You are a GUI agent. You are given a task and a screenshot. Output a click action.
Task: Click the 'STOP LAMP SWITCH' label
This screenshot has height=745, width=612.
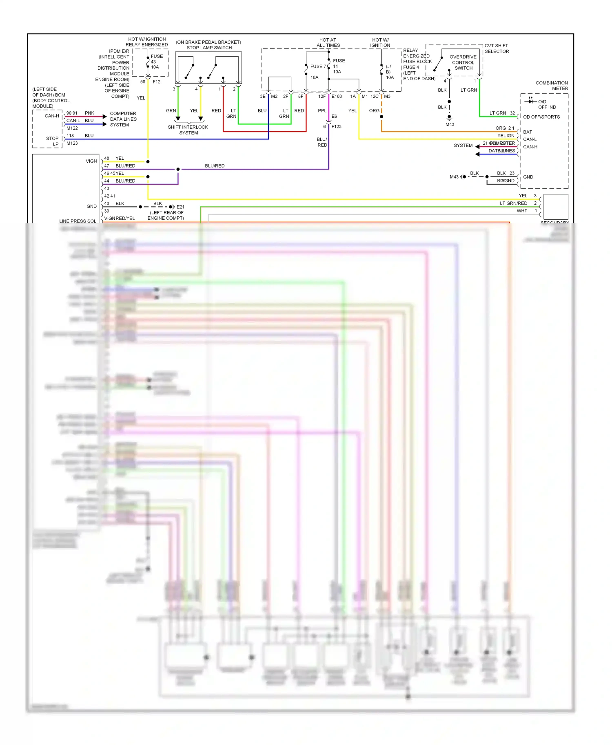(209, 48)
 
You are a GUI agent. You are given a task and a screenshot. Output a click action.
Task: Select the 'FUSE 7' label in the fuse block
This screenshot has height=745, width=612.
(318, 66)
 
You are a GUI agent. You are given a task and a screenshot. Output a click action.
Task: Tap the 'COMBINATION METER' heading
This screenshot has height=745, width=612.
(552, 86)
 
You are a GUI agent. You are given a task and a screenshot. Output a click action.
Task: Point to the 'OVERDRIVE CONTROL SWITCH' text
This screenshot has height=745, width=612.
(463, 62)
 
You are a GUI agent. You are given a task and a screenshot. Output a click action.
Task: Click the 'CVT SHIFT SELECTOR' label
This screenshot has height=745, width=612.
(497, 48)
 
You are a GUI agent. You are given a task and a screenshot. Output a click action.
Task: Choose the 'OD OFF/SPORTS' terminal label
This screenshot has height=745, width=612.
(541, 117)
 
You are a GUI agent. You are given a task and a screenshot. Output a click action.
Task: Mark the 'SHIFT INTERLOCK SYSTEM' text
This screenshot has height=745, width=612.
(188, 130)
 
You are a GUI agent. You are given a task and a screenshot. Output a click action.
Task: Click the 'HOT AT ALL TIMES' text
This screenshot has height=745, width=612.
(328, 43)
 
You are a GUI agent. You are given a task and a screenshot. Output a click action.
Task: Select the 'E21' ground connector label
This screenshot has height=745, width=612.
(180, 207)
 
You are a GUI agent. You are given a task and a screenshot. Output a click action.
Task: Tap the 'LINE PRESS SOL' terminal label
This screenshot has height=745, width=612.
(78, 221)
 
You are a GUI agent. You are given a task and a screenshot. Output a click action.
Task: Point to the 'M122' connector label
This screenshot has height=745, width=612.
(72, 128)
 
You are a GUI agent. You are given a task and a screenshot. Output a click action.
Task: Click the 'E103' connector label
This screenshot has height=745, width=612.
(337, 97)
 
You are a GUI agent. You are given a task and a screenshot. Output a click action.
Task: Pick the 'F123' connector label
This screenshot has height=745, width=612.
(336, 127)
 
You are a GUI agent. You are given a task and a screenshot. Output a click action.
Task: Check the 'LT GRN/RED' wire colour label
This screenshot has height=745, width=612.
(513, 203)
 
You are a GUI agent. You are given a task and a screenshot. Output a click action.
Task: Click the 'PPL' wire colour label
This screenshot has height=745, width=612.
(322, 111)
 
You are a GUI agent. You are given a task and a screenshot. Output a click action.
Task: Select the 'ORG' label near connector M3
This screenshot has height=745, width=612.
(374, 111)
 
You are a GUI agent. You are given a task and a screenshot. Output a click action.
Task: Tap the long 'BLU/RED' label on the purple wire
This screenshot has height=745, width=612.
(215, 166)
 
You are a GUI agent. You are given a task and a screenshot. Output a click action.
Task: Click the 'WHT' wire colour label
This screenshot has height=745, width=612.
(522, 211)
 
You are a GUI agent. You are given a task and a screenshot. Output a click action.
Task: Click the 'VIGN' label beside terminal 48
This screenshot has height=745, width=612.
(91, 161)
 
